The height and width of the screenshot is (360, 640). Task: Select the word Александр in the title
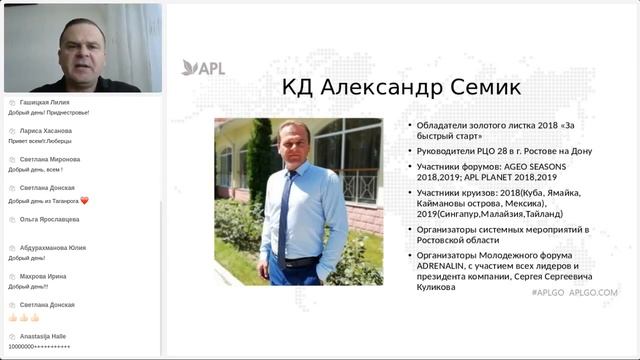pos(378,87)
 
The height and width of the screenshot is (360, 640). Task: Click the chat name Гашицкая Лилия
pos(45,102)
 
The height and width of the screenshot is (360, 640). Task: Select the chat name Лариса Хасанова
pos(45,131)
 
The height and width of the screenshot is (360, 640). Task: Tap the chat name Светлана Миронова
pos(49,159)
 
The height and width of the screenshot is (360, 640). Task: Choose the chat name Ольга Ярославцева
pos(49,218)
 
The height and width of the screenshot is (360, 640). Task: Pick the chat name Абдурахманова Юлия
pos(52,247)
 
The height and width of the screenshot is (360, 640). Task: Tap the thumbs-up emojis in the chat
pos(24,317)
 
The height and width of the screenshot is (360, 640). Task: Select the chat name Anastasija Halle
pos(44,336)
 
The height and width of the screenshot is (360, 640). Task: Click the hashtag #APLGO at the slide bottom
pos(549,293)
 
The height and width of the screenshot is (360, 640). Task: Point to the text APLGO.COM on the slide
pos(594,293)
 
